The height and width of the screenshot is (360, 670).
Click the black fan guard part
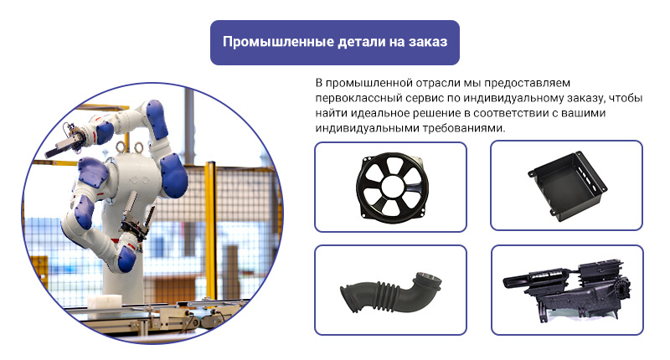pyautogui.click(x=392, y=186)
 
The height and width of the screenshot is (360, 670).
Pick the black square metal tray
pyautogui.click(x=567, y=185)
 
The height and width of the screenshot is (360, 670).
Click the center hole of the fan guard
pyautogui.click(x=392, y=186)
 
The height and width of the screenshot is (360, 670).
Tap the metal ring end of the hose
pyautogui.click(x=429, y=280)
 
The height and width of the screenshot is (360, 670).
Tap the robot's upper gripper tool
pyautogui.click(x=64, y=141)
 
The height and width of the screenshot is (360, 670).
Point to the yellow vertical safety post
pyautogui.click(x=210, y=230)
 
